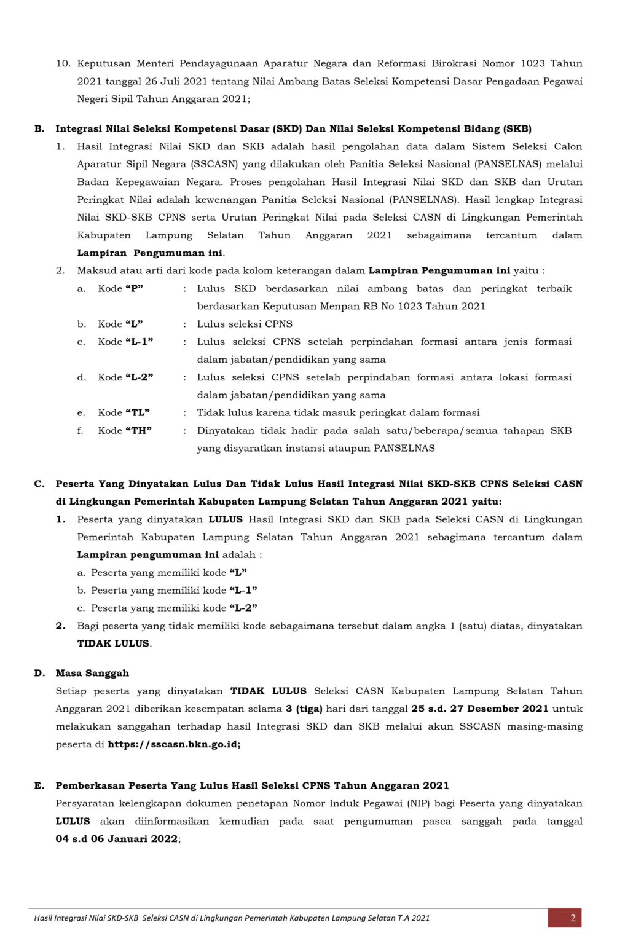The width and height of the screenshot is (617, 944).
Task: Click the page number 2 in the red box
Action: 572,918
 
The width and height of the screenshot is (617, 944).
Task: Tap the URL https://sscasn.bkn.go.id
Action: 173,744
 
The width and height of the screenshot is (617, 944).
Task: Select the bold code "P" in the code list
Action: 134,288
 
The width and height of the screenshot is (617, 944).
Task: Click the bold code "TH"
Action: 138,430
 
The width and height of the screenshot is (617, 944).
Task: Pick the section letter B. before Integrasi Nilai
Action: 39,128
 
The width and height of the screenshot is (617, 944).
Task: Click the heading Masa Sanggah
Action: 92,673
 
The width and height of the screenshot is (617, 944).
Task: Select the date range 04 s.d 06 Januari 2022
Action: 117,839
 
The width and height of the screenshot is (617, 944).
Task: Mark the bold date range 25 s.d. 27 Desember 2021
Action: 480,709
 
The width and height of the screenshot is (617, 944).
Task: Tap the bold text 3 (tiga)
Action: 304,709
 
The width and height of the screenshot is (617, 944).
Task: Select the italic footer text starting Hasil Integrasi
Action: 232,918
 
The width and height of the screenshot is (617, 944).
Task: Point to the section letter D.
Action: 39,673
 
